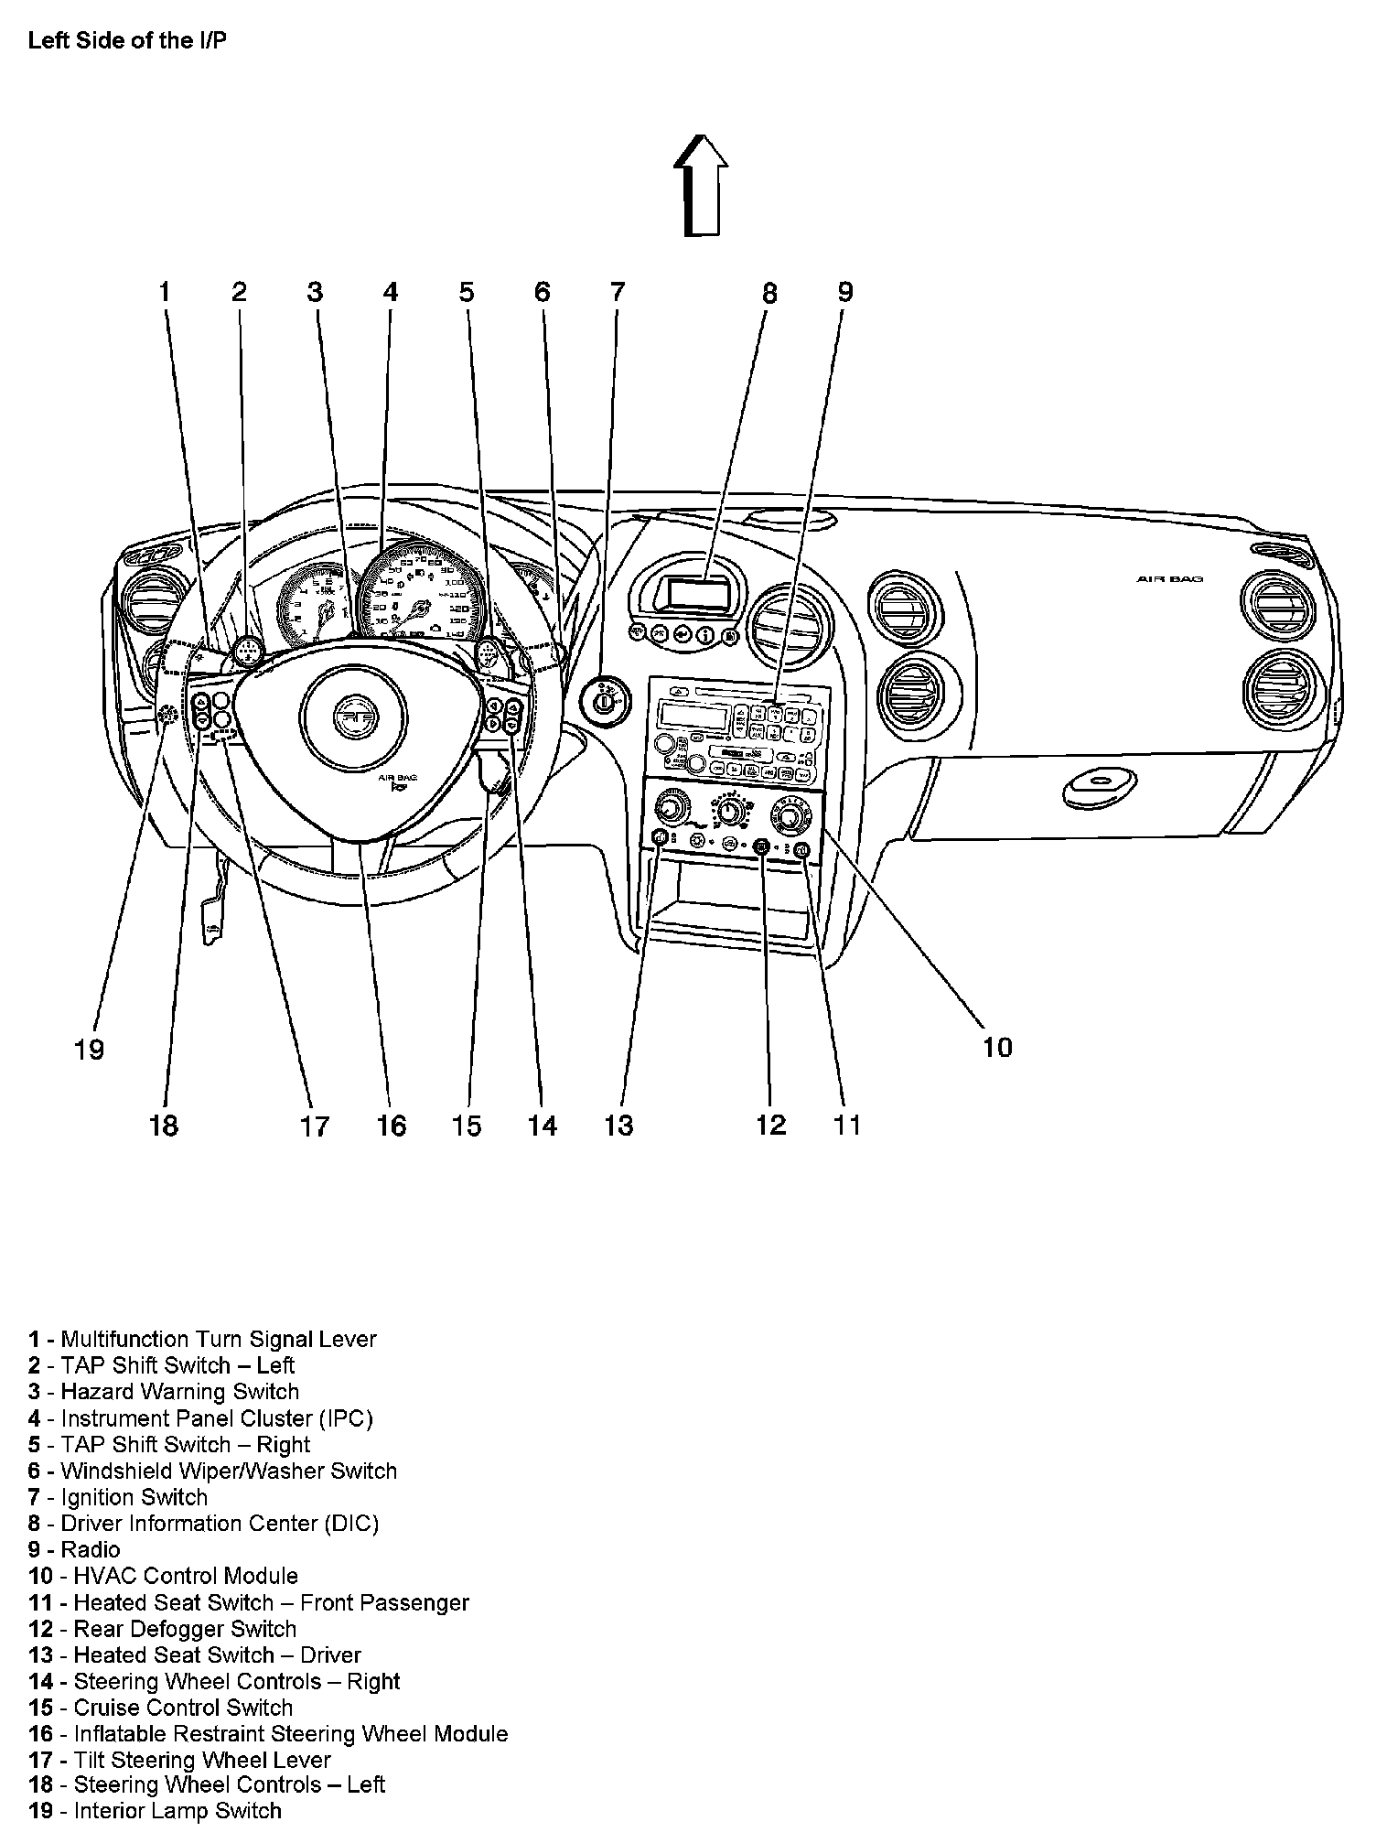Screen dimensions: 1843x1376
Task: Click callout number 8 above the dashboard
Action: click(769, 293)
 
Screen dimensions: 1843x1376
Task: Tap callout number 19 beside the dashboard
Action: click(89, 1049)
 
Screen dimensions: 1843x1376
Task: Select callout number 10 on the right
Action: click(997, 1047)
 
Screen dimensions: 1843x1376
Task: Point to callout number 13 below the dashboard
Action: click(618, 1125)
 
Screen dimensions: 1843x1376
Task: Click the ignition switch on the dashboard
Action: click(606, 702)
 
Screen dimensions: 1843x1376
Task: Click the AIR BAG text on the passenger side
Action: click(1169, 579)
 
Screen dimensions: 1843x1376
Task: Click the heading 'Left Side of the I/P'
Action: click(126, 41)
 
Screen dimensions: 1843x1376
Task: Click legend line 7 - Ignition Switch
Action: click(118, 1497)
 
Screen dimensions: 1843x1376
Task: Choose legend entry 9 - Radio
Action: click(74, 1549)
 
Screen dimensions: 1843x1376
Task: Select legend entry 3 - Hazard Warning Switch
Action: click(164, 1392)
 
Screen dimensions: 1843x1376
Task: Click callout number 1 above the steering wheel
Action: click(165, 292)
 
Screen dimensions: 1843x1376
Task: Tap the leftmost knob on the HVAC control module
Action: click(670, 808)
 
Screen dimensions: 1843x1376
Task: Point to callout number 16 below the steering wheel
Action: click(392, 1125)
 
